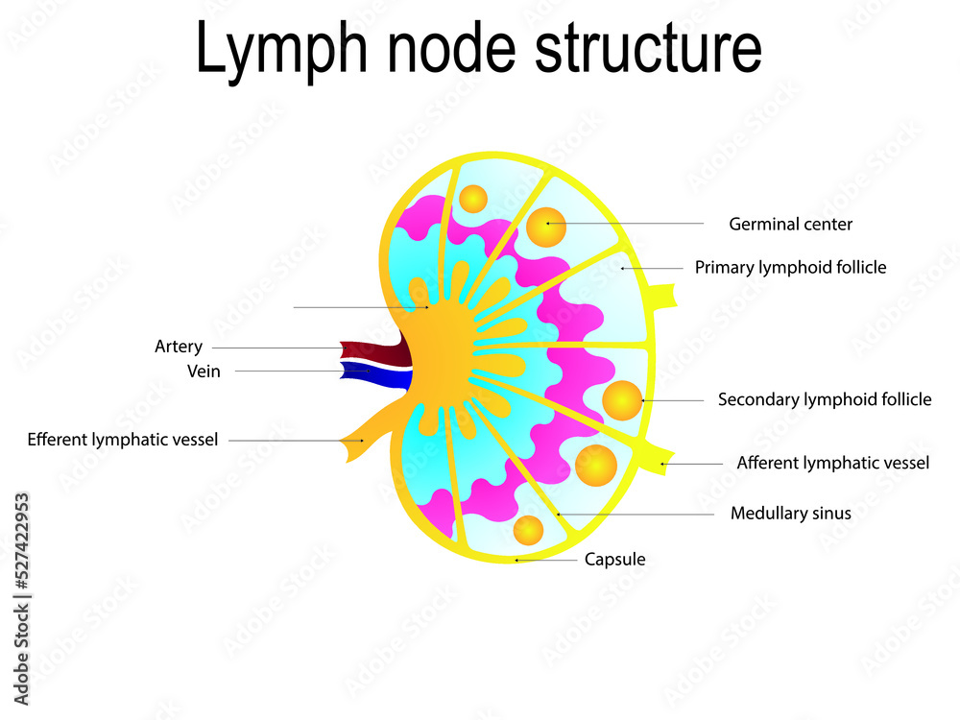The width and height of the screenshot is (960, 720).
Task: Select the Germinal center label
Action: point(790,224)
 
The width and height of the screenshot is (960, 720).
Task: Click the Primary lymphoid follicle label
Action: point(790,268)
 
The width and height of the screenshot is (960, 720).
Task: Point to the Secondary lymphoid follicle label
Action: point(824,399)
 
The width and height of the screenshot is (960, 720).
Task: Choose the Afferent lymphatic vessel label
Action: point(832,463)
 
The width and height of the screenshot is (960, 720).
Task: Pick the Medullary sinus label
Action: point(790,514)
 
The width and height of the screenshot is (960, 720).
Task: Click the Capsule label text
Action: point(614,559)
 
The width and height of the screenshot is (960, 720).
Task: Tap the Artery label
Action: point(179,347)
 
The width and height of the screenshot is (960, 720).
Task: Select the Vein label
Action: point(204,372)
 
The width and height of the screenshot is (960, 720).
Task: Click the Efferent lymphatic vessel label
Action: point(123,440)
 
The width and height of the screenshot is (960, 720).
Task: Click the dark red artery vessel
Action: point(370,350)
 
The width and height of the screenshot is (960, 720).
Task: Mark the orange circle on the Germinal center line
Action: point(546,227)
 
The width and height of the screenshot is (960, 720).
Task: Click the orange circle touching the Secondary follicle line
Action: point(622,399)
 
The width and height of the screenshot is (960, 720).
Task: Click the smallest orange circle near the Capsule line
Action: point(528,530)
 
